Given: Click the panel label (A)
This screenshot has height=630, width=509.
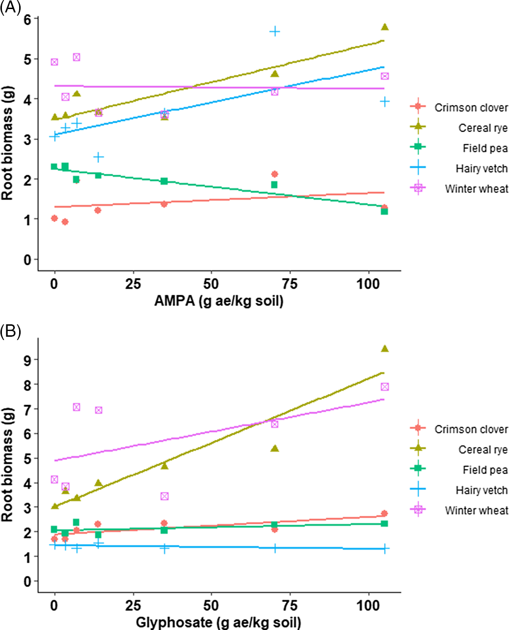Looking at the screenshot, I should [x=11, y=8].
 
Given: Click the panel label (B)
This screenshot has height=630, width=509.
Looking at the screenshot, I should [x=11, y=331].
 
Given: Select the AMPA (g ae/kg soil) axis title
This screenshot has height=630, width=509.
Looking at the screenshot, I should [x=219, y=301].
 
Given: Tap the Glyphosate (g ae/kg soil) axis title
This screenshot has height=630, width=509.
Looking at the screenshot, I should [x=219, y=622].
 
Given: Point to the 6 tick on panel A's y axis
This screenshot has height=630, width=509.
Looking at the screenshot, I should [x=27, y=19].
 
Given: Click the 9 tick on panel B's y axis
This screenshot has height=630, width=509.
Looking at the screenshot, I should [x=27, y=360].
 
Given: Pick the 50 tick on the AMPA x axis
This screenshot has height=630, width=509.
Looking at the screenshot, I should [x=211, y=284].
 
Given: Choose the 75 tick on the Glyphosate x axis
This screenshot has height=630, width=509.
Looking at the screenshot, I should [x=290, y=606].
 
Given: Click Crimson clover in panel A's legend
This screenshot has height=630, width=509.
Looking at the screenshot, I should [x=471, y=107].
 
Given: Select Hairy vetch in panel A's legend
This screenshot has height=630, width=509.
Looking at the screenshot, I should [x=481, y=168].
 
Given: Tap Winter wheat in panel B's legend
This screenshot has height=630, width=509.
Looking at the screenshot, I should [x=476, y=511].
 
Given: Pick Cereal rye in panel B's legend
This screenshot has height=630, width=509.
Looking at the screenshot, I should [x=483, y=449].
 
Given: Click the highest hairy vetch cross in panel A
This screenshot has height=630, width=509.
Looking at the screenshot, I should [x=275, y=32].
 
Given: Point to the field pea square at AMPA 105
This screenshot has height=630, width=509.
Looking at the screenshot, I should [x=384, y=211].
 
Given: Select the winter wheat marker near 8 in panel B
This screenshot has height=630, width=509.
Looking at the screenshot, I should [x=385, y=387].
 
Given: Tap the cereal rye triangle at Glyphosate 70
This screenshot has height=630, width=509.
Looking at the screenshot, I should [x=275, y=448].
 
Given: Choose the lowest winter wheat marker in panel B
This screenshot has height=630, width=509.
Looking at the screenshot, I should [x=165, y=496].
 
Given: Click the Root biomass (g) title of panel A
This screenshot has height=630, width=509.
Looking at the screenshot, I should [x=7, y=143].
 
